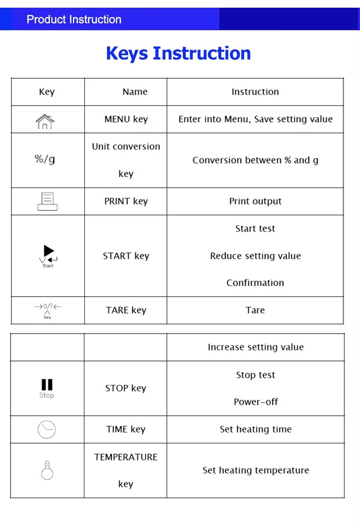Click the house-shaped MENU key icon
click(45, 120)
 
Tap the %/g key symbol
click(45, 159)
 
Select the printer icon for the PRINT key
click(47, 201)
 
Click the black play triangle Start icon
click(48, 251)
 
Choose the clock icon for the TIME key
click(47, 429)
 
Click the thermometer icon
click(47, 470)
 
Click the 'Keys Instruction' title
click(178, 53)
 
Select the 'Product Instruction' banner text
click(74, 20)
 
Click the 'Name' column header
click(135, 92)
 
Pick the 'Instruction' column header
click(255, 92)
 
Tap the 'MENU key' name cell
click(126, 119)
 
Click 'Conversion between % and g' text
click(255, 160)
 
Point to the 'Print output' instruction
click(255, 201)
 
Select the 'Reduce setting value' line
click(255, 256)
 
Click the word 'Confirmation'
click(255, 283)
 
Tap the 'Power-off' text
click(256, 402)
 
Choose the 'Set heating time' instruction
click(256, 429)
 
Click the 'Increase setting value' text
click(256, 347)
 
